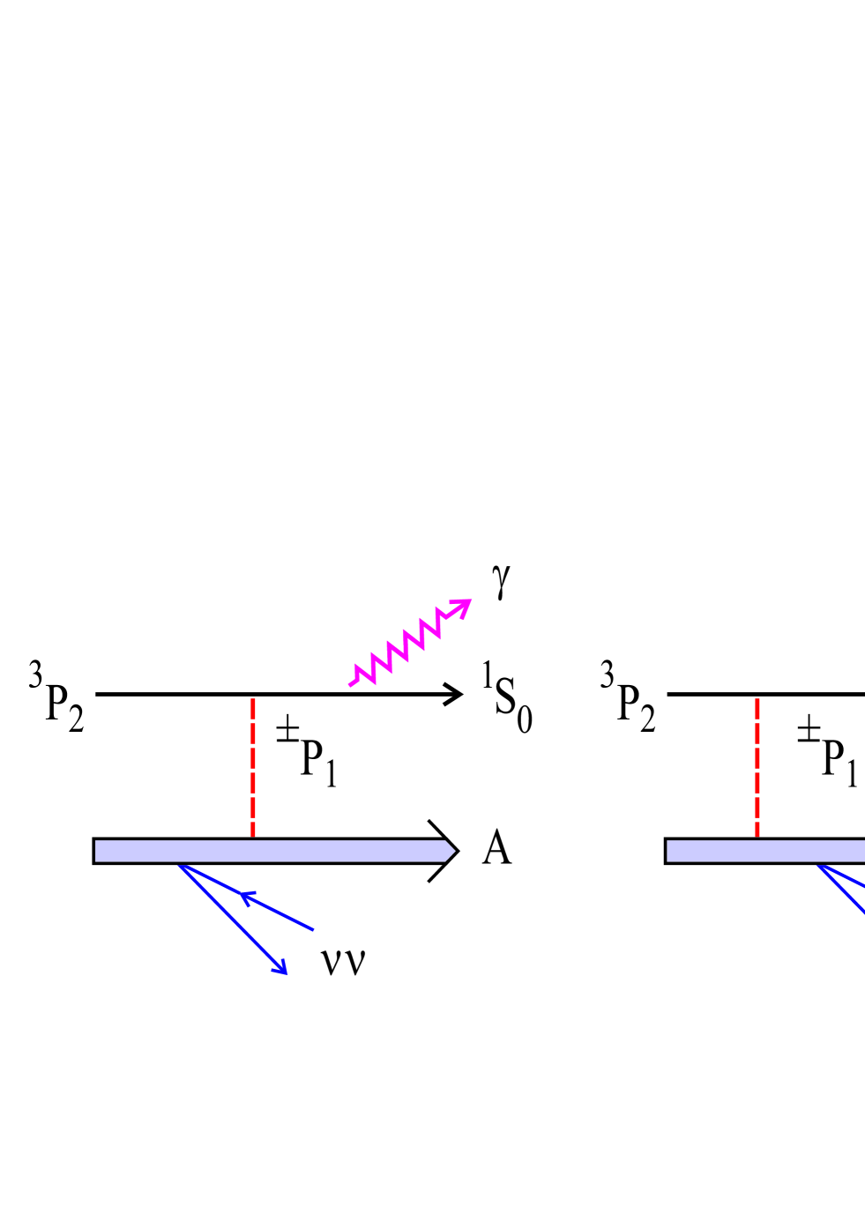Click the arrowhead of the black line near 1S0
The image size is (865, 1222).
455,694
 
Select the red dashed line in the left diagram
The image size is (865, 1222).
253,767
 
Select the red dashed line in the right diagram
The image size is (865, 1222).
757,767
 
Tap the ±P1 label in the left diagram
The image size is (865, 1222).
307,751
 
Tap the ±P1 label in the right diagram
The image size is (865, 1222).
827,751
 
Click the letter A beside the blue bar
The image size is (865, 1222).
496,849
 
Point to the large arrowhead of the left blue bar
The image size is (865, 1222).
444,851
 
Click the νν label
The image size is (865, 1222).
343,961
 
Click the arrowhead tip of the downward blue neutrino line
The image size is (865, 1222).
285,972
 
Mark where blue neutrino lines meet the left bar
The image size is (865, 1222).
179,865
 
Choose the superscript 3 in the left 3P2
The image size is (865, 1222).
35,676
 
